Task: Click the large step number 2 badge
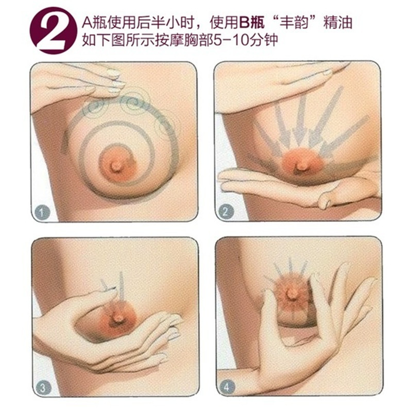tap(54, 30)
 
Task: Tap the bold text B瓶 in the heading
tap(252, 23)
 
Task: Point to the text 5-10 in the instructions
tap(230, 41)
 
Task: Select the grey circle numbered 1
tap(42, 212)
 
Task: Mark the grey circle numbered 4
tap(226, 387)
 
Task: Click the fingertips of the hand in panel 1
tap(114, 80)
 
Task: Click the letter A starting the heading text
tap(87, 23)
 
